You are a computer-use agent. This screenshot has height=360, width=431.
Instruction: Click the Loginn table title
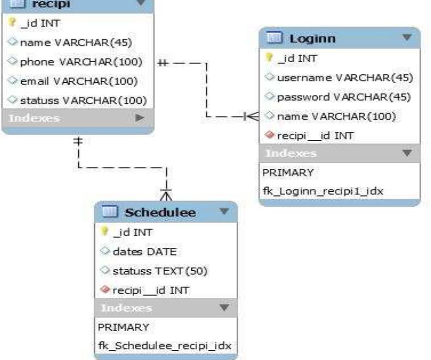point(312,39)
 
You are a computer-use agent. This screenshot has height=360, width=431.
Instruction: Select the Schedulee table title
point(161,212)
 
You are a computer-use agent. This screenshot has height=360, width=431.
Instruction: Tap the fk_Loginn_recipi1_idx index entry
point(310,191)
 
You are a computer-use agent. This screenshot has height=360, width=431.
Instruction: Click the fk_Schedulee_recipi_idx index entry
point(164,346)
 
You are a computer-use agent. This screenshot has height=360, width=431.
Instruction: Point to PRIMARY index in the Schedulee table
point(123,327)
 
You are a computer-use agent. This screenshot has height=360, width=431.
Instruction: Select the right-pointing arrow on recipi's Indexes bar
point(139,119)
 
